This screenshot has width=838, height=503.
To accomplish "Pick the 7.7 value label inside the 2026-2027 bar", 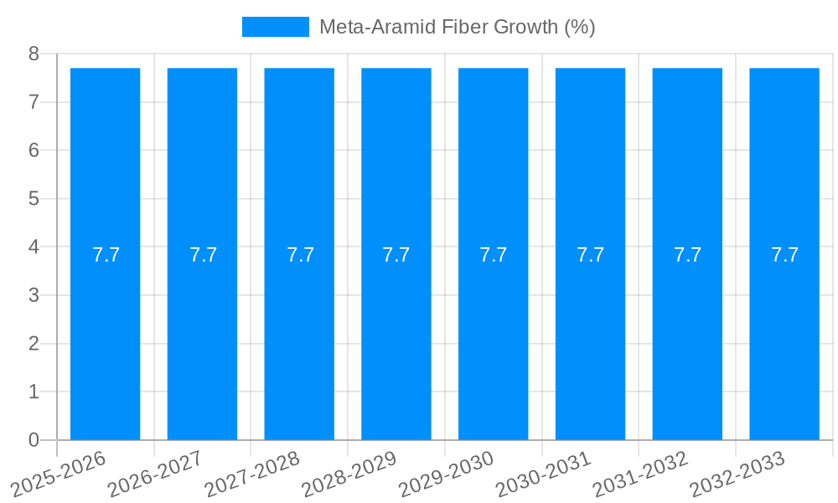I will pyautogui.click(x=203, y=255).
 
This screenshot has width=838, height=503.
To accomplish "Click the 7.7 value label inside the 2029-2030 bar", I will pyautogui.click(x=494, y=255).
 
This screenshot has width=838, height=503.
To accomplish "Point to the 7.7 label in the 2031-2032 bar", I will pyautogui.click(x=687, y=255).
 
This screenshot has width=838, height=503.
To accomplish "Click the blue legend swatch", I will pyautogui.click(x=275, y=27).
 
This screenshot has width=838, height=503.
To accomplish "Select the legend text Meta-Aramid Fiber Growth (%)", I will pyautogui.click(x=457, y=27).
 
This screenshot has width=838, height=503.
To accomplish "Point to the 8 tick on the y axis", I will pyautogui.click(x=34, y=54).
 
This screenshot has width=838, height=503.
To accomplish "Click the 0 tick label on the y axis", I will pyautogui.click(x=34, y=440).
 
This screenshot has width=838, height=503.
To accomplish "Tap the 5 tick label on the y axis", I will pyautogui.click(x=34, y=200).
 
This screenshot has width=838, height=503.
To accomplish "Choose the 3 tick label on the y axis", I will pyautogui.click(x=34, y=296).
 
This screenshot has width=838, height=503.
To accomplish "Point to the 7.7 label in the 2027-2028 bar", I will pyautogui.click(x=300, y=255).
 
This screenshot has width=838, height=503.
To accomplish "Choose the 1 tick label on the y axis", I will pyautogui.click(x=34, y=392).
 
